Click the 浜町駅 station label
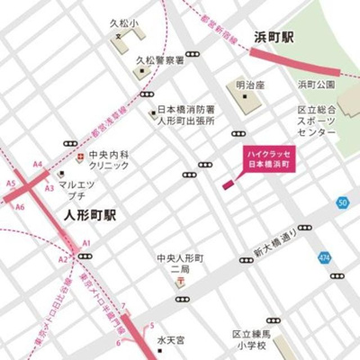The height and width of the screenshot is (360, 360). coord(274,39)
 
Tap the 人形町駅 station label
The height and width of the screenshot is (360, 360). coord(92,216)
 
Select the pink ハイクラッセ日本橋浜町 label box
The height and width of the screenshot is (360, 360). coord(271,161)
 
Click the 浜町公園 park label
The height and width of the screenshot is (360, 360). coord(316,85)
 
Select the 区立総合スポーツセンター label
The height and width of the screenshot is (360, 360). coord(316,121)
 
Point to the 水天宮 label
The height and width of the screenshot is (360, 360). coord(170,340)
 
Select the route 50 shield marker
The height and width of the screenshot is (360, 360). coord(342,202)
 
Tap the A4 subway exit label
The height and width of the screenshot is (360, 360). coord(38,165)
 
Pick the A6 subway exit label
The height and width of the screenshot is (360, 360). coord(20,207)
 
